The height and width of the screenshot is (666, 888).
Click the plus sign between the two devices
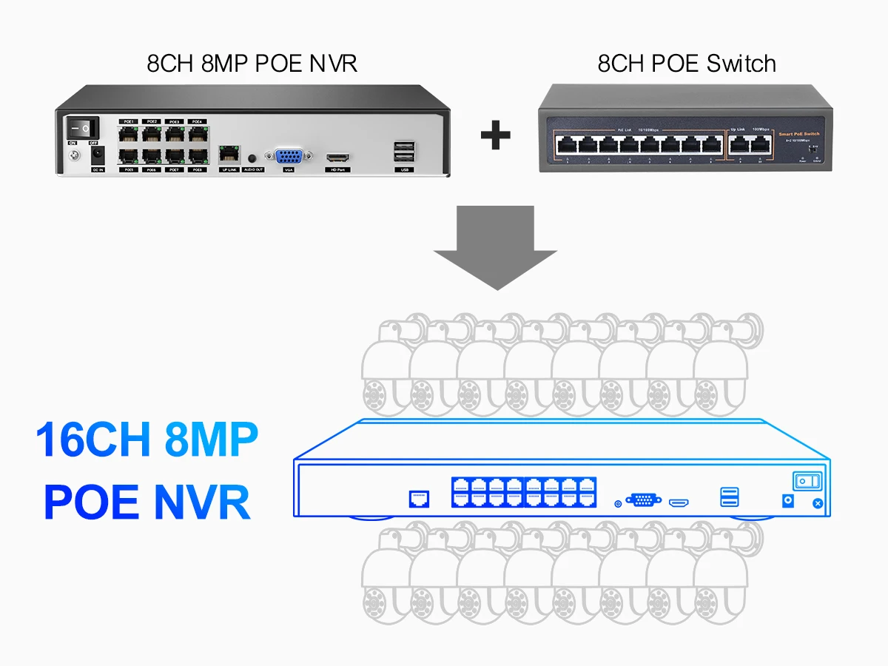(x=496, y=135)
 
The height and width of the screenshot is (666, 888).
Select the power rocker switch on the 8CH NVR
(x=83, y=127)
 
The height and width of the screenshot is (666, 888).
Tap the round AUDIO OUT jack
(x=254, y=158)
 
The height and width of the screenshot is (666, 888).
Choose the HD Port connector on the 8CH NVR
(x=338, y=158)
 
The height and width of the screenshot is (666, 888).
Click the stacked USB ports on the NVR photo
(x=403, y=152)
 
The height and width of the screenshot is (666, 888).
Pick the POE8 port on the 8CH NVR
(x=197, y=156)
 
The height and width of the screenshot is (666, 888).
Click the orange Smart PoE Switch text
(x=799, y=134)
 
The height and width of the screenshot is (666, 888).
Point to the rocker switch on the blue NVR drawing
(x=808, y=482)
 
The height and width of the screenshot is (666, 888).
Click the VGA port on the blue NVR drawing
(x=644, y=499)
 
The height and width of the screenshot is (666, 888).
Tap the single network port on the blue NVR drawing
(x=419, y=498)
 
